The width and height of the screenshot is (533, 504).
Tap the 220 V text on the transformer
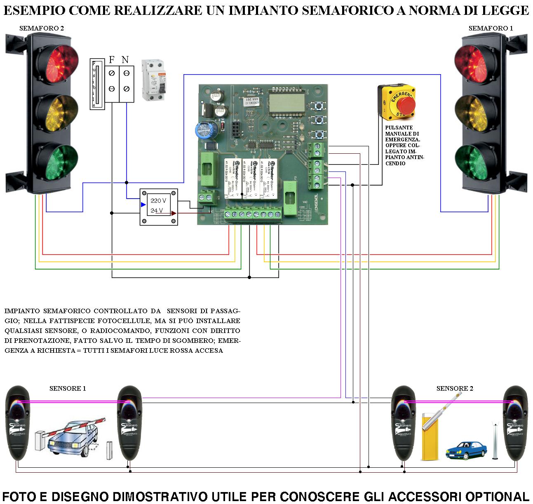(x=158, y=201)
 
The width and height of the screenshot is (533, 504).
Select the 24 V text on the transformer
(x=157, y=211)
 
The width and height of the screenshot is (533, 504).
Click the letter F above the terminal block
(x=111, y=60)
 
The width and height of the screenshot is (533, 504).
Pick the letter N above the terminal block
(x=125, y=60)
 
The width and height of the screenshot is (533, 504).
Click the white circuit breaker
(x=153, y=80)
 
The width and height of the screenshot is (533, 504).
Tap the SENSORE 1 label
(x=68, y=388)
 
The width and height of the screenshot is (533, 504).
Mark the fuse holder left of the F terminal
(x=96, y=84)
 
